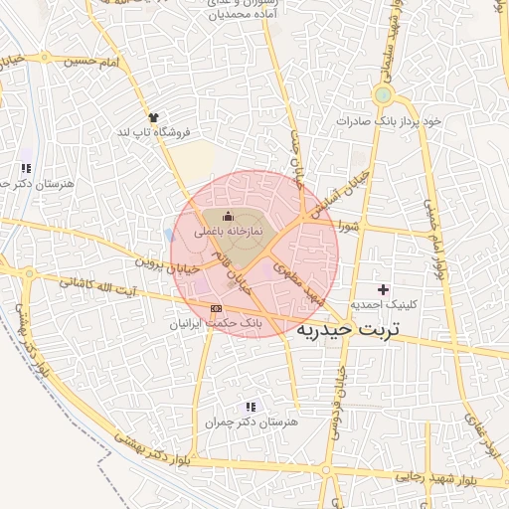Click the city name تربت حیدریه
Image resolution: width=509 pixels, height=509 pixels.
(347, 328)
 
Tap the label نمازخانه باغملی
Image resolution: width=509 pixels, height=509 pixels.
(228, 231)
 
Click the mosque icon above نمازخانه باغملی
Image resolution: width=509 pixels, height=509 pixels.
(228, 217)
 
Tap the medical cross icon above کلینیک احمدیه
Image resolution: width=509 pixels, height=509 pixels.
(384, 288)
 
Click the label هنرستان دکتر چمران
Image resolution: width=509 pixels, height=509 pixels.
(249, 422)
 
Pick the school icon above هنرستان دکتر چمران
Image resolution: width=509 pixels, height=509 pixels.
(251, 407)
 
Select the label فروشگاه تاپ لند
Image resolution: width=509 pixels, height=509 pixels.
(153, 131)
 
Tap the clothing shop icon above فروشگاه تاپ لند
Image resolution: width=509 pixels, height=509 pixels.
(153, 117)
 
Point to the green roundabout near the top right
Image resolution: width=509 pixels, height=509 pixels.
(383, 94)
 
